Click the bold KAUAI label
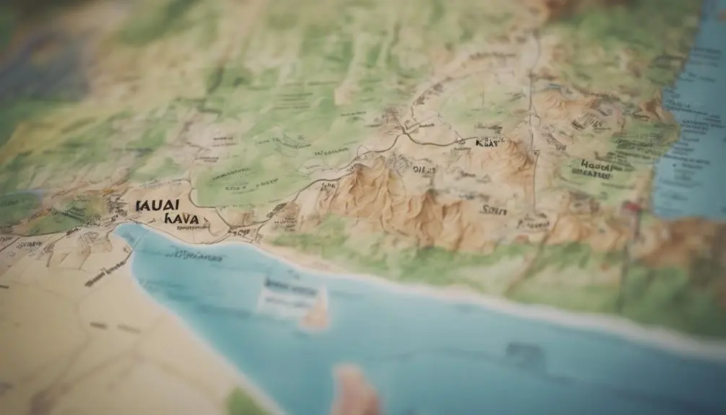click(157, 205)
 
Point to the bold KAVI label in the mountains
click(489, 144)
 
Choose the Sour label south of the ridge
click(494, 210)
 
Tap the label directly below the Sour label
click(534, 225)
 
